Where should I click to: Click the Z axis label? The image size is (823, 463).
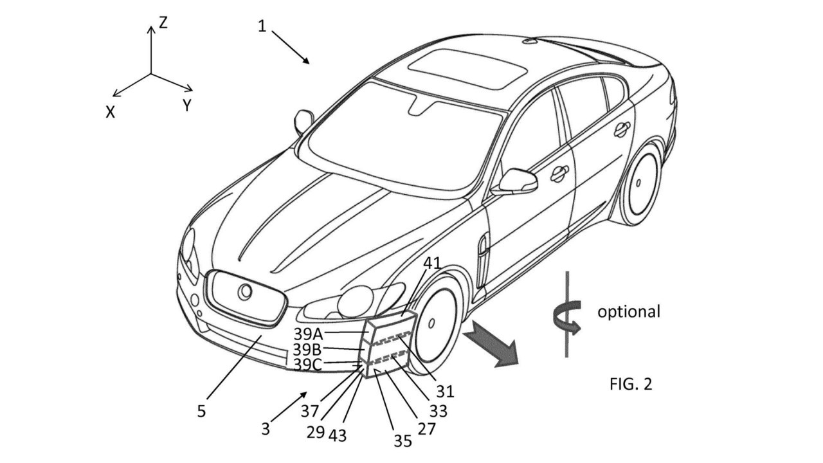(163, 24)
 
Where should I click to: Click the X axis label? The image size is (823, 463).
(111, 112)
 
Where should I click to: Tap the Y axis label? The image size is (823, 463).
(186, 106)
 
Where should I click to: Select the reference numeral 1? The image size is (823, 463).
(262, 26)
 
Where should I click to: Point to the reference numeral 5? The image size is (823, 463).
(201, 411)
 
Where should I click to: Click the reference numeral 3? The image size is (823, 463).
(266, 428)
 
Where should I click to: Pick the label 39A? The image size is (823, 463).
(309, 334)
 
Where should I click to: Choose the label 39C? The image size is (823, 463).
(309, 365)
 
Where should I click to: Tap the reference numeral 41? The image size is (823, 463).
(432, 262)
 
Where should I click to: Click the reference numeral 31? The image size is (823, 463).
(444, 390)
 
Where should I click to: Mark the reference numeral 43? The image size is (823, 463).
(337, 435)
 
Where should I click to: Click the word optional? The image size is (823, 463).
(628, 313)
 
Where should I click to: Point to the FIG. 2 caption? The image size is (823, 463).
(630, 384)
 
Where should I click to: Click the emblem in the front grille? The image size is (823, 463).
(245, 292)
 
